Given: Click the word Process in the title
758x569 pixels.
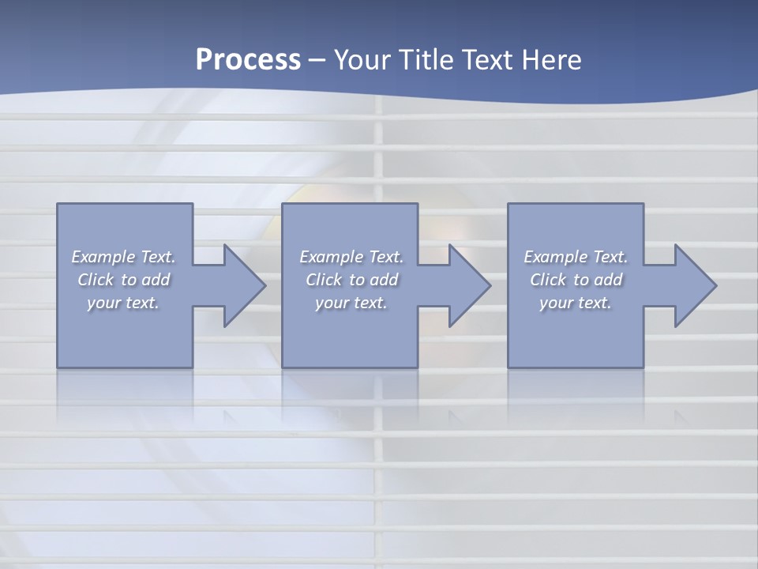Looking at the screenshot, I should (248, 60).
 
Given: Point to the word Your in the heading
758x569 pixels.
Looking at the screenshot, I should (364, 60).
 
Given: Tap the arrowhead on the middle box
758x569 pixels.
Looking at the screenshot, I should (467, 285).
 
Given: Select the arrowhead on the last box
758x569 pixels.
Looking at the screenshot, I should (693, 285).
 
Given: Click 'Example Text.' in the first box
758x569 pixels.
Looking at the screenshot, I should (123, 257).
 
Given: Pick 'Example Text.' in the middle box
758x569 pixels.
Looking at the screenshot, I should (351, 257).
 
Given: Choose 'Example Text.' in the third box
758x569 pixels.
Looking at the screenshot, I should (576, 257).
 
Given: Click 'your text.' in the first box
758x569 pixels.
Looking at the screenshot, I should (123, 303).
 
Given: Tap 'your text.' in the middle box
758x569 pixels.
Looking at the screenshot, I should (351, 303).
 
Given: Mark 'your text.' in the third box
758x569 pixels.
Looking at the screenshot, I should (576, 303).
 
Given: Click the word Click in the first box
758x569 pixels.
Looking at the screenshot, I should (96, 280).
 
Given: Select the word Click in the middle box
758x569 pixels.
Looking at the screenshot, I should (324, 280).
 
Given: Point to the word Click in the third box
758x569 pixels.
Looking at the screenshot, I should (548, 280).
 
